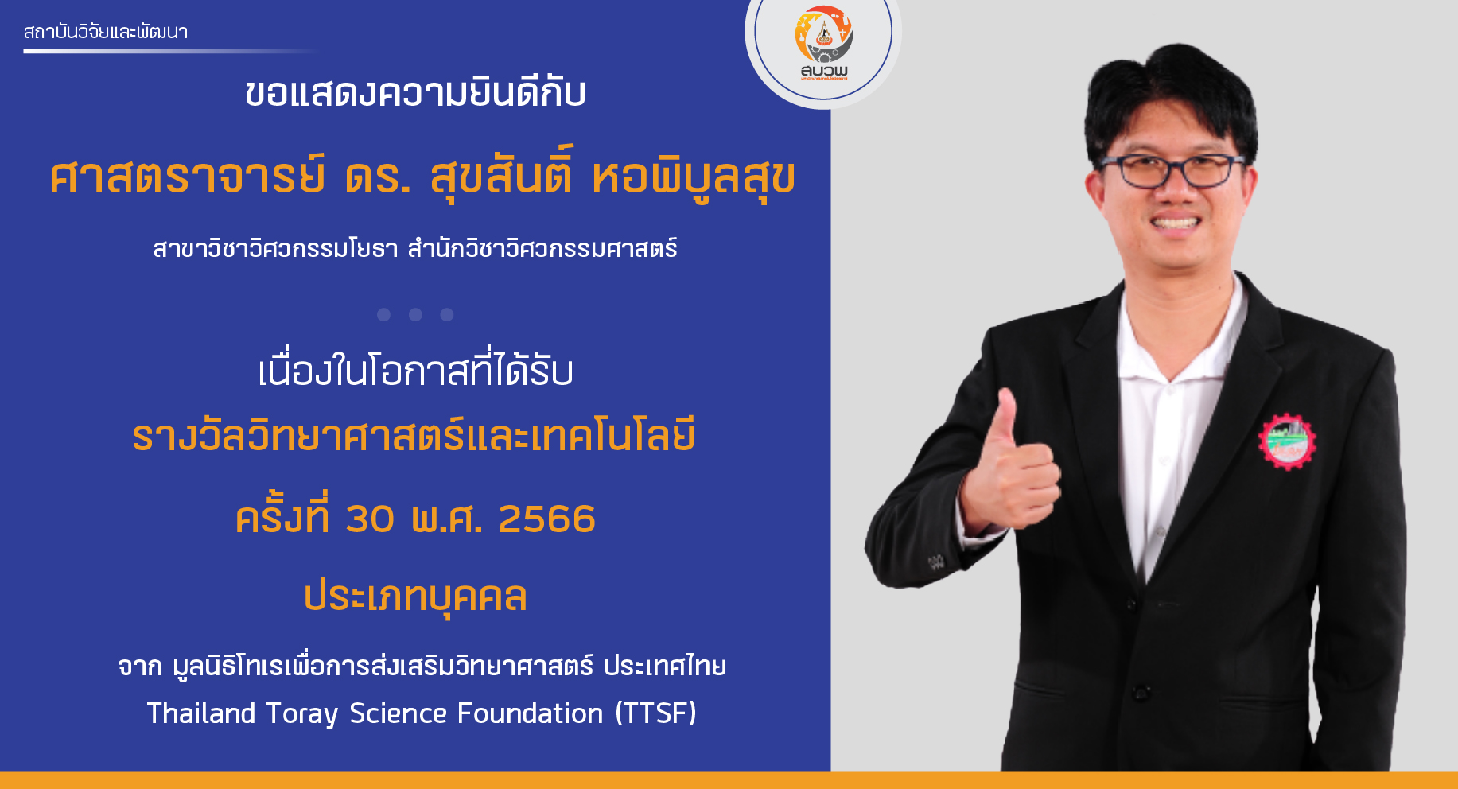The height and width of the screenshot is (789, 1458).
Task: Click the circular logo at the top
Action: [823, 40]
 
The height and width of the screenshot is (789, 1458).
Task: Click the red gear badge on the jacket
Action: [1286, 441]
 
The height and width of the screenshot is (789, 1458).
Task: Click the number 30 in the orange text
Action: [370, 519]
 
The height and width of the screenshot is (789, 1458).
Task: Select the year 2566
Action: [546, 519]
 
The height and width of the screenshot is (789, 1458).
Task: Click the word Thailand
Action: [201, 713]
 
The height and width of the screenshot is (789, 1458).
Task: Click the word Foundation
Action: [531, 713]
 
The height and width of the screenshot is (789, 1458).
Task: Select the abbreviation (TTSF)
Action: [656, 713]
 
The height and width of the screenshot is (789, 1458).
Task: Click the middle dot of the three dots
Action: [415, 315]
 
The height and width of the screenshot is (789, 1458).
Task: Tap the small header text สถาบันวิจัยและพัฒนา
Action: [106, 32]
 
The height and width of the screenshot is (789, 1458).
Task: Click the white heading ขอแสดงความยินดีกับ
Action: [415, 93]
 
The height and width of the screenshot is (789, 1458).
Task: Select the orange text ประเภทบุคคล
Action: [415, 597]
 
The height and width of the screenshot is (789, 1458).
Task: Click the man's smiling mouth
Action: [1175, 223]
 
